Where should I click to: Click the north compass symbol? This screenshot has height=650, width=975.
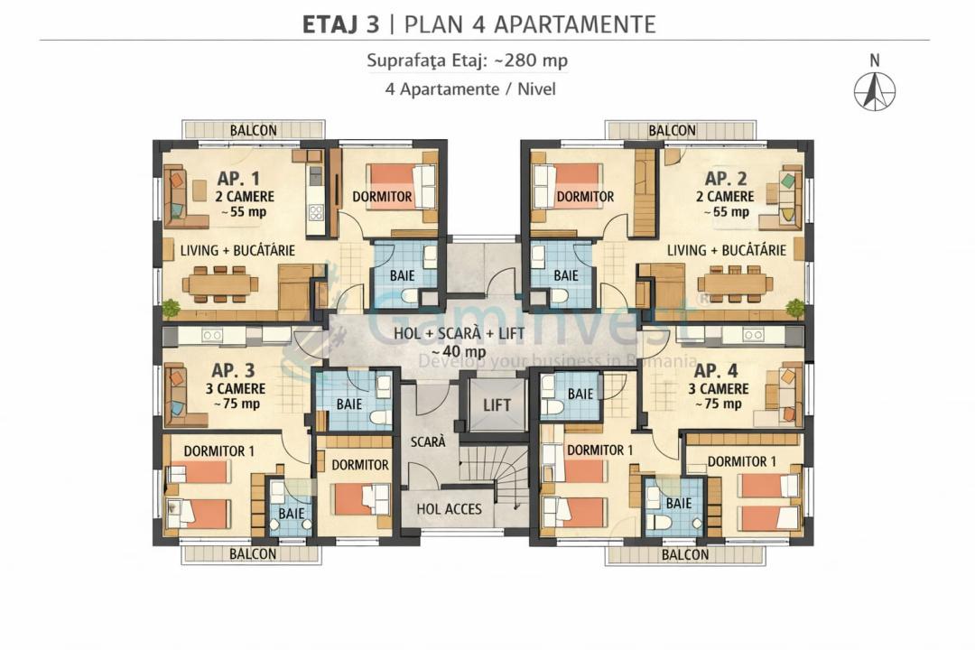874,91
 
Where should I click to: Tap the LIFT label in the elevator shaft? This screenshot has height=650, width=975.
497,405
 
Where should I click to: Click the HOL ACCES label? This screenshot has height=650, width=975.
449,509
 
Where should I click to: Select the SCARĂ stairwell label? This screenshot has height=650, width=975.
428,441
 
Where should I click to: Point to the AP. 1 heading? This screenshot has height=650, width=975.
238,179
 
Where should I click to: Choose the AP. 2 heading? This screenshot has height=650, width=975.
726,179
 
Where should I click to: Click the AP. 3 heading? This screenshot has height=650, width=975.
233,370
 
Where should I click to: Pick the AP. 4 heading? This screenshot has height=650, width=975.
716,371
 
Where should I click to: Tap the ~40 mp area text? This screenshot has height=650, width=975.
460,351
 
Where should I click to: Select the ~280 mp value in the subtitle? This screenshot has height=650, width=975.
531,60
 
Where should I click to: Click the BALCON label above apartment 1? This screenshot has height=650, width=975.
253,131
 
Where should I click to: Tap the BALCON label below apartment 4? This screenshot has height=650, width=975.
684,554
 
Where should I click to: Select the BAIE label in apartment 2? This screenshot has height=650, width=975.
566,275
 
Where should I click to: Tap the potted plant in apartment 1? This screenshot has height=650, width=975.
170,308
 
